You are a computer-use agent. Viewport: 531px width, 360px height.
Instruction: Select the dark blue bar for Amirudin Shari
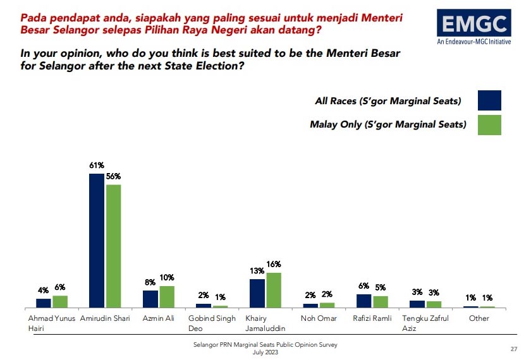tap(97, 240)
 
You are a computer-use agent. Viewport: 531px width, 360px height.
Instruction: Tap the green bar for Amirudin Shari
tap(114, 246)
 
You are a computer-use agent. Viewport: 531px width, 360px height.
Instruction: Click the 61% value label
tap(97, 165)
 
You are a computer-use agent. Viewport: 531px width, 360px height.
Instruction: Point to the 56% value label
tap(114, 177)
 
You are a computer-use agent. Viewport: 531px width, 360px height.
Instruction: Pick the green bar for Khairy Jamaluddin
tap(274, 290)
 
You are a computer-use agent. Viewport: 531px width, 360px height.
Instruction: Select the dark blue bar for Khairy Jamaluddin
tap(257, 293)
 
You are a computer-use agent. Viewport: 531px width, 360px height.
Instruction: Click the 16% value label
tap(274, 265)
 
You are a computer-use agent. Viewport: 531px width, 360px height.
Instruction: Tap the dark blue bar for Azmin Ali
tap(150, 299)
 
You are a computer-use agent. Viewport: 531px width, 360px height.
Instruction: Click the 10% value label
tap(168, 277)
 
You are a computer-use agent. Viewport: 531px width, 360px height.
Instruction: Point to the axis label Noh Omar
tap(318, 318)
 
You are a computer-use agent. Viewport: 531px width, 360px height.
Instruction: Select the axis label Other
tap(479, 318)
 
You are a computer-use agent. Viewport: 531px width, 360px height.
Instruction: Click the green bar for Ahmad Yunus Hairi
tap(60, 301)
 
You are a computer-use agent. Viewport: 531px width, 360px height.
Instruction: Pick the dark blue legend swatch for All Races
tap(490, 101)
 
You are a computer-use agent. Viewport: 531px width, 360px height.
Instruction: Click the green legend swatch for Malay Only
tap(490, 124)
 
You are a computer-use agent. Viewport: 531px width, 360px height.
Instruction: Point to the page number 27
tap(513, 349)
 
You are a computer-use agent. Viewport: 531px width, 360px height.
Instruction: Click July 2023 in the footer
tap(265, 352)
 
